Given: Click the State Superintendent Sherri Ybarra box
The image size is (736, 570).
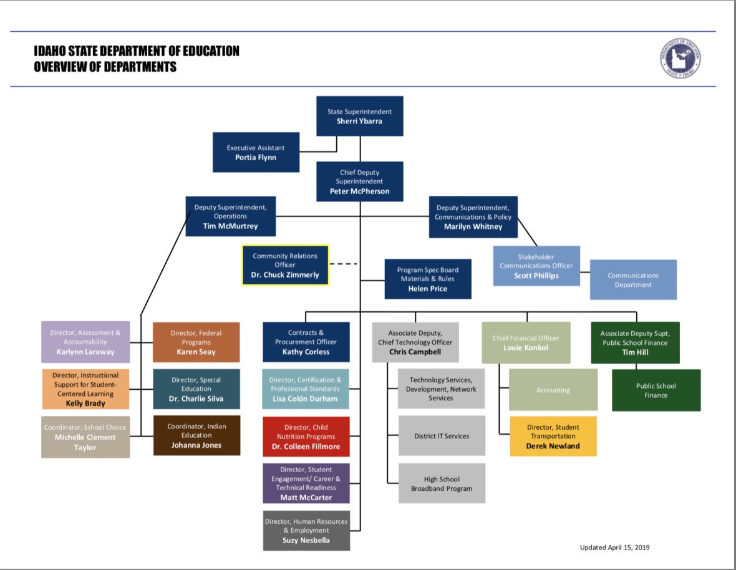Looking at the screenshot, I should tap(359, 116).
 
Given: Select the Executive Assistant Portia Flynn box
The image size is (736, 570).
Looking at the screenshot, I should tap(256, 152).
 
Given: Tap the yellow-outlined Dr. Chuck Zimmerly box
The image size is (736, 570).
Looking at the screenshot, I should tap(286, 265).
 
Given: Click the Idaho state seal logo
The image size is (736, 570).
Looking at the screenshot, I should tap(680, 59).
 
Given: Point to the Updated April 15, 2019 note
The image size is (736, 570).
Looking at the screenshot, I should tap(614, 548).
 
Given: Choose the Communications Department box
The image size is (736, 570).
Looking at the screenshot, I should tap(633, 280).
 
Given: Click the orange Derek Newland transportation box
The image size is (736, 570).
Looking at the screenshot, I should tap(553, 436).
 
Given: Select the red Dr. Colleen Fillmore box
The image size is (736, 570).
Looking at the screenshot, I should tap(306, 437).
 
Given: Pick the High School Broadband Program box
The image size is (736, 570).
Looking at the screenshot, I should tap(442, 483).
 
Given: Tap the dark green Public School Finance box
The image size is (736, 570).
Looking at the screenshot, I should tap(656, 390).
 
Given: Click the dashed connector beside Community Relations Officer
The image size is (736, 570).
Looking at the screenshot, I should tap(343, 264).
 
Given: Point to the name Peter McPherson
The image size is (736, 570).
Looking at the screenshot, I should tap(359, 191).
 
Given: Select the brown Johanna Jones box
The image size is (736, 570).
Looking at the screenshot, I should tap(196, 435).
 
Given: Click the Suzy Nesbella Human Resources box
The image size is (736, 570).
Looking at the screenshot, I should tap(306, 530).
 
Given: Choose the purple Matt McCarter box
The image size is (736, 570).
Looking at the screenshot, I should tap(306, 483).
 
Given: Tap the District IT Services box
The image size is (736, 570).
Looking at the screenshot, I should tap(442, 436).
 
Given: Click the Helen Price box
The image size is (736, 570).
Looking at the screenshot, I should tap(427, 279).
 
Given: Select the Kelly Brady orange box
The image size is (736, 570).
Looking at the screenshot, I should tap(85, 389).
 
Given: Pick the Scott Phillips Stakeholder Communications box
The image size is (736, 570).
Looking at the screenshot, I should tap(536, 266).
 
